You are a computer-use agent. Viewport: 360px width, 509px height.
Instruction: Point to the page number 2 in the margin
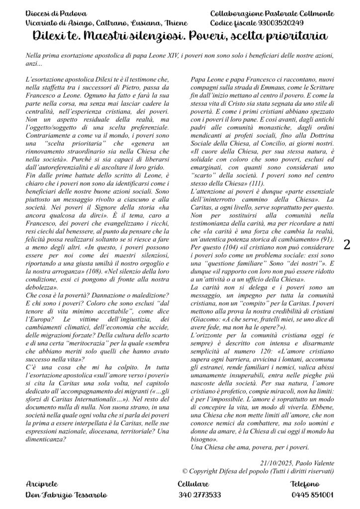tap(347, 244)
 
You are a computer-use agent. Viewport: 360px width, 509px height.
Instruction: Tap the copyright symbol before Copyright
tap(185, 471)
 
